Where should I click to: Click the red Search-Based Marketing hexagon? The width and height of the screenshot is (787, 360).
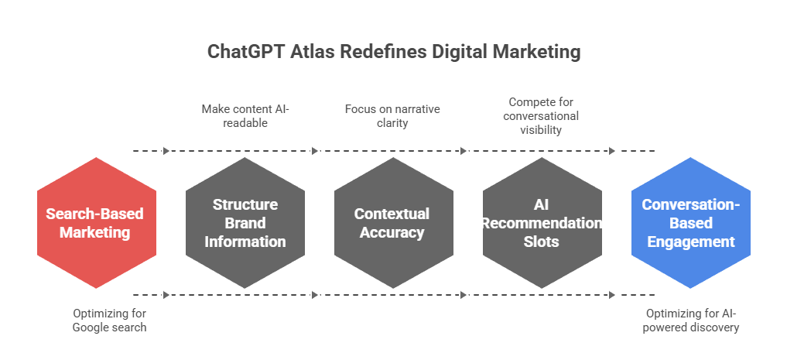[x=96, y=223]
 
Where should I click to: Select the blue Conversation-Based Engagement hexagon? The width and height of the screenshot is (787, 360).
[x=690, y=223]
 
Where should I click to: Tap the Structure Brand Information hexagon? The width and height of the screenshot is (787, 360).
[x=245, y=223]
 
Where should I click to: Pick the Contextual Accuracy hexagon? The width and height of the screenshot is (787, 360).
[x=393, y=223]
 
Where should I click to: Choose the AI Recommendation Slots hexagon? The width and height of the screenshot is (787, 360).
[x=542, y=223]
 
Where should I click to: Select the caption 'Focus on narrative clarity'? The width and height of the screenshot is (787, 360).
[x=392, y=116]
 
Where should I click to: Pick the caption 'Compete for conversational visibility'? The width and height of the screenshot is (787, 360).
[x=541, y=116]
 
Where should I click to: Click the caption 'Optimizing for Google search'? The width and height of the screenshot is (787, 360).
[x=109, y=321]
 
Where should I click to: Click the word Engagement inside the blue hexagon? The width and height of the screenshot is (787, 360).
[x=690, y=242]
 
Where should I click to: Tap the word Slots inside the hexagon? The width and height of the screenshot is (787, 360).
[x=542, y=242]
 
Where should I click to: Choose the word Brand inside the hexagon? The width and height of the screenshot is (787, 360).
[x=245, y=223]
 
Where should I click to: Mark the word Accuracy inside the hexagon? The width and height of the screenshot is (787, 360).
[x=393, y=232]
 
